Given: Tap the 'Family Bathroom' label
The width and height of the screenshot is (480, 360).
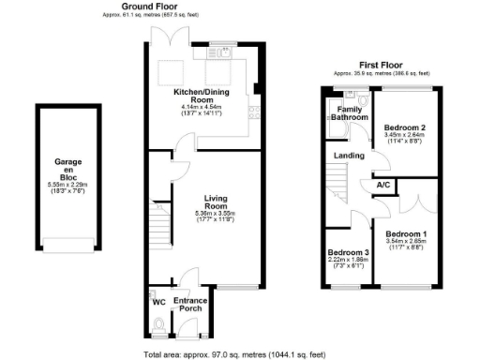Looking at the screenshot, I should click(348, 114).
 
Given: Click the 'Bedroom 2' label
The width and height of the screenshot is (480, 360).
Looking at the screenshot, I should click(406, 127).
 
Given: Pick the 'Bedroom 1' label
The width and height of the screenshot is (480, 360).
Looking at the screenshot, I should click(406, 233).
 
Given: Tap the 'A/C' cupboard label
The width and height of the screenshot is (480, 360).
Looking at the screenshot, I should click(383, 185).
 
